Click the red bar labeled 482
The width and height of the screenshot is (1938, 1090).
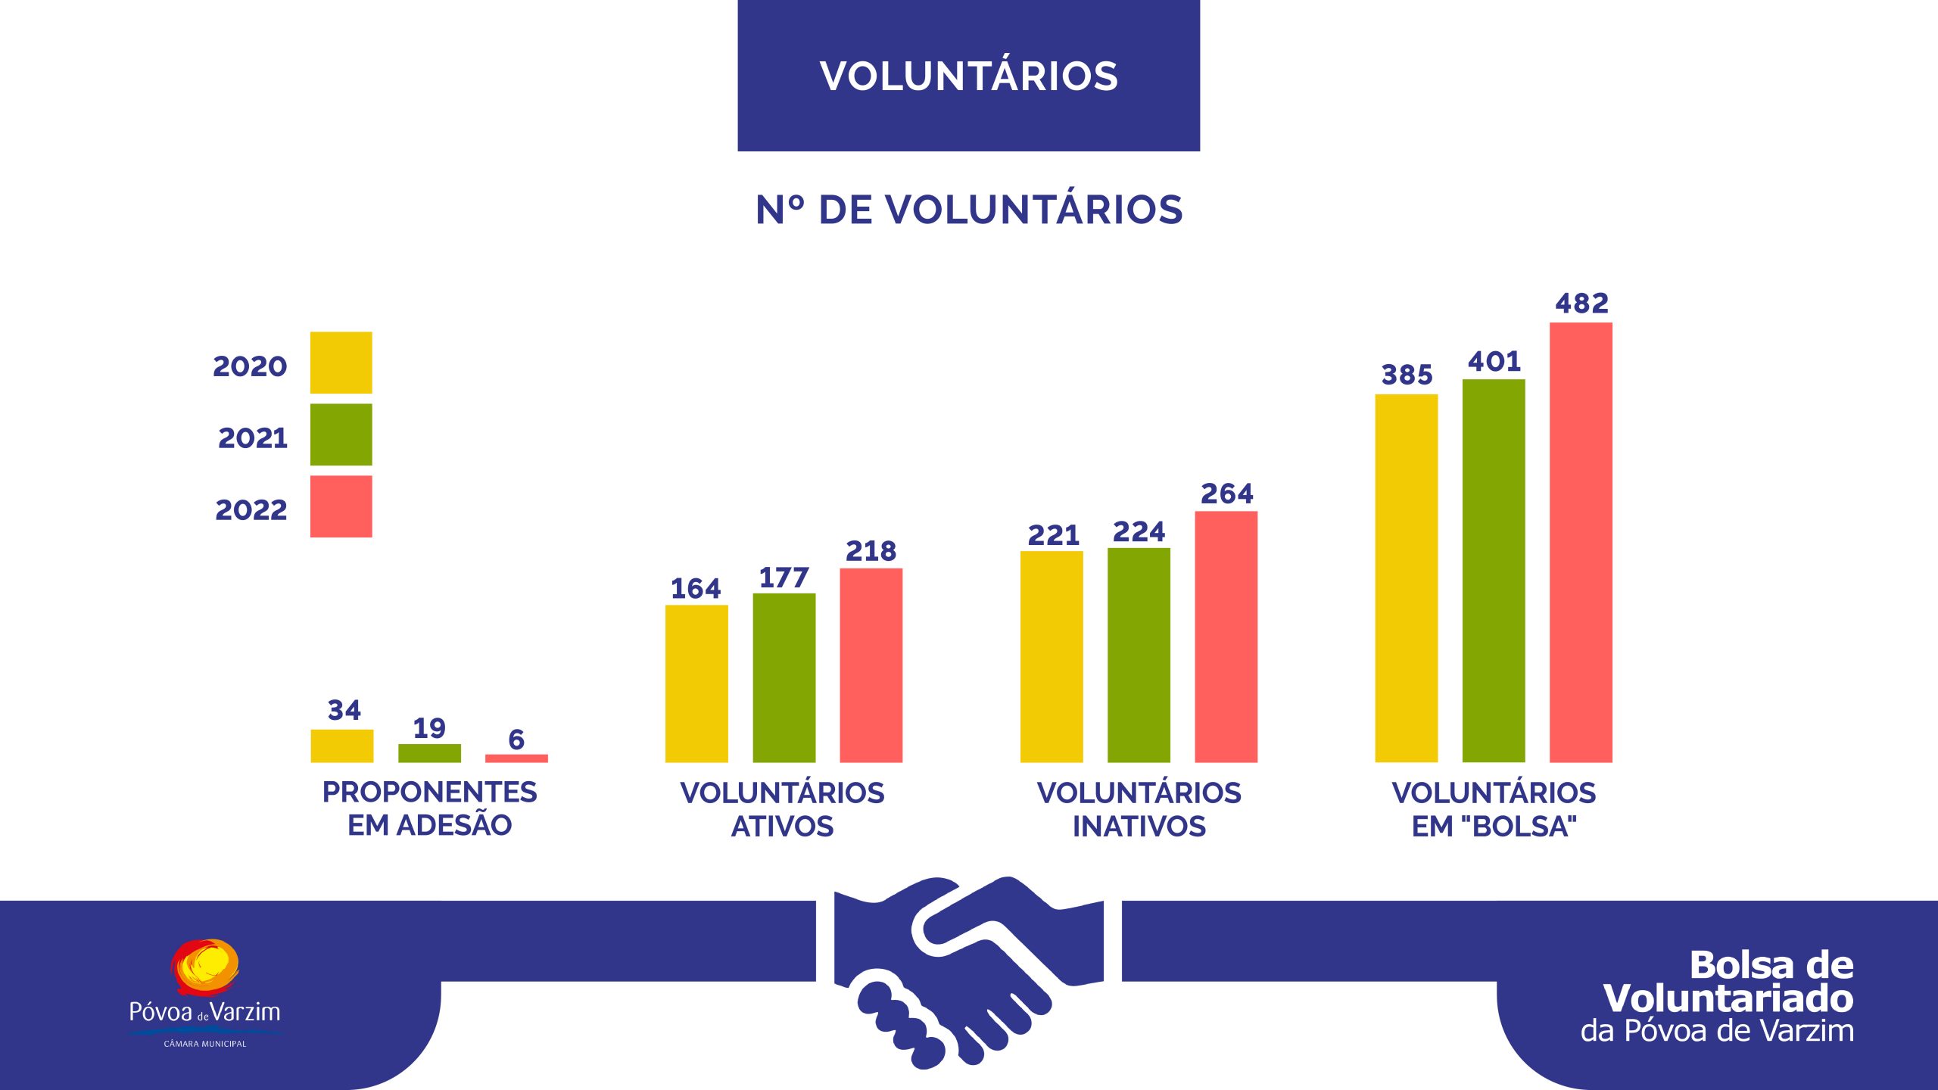click(1581, 542)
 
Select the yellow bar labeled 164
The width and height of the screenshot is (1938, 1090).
click(696, 684)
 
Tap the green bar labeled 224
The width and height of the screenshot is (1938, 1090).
click(1139, 655)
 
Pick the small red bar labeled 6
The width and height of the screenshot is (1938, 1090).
click(516, 758)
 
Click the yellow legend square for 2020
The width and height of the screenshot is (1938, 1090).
click(341, 363)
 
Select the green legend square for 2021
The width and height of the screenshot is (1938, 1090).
click(341, 434)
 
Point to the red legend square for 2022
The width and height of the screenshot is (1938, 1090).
click(341, 506)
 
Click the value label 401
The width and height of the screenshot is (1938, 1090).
click(1494, 361)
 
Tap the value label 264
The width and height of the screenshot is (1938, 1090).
click(1226, 494)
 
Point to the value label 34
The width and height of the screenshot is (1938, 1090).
click(344, 710)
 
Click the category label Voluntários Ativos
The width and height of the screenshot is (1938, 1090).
click(782, 809)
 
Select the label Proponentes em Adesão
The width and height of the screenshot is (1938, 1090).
click(429, 808)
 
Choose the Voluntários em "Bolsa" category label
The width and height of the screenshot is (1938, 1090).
click(1494, 809)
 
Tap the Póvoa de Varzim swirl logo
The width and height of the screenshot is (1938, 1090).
click(204, 966)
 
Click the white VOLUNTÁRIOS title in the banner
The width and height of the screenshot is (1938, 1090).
click(968, 76)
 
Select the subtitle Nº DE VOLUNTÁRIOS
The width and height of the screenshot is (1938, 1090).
click(968, 210)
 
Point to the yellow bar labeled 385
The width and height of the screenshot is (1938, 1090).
click(1406, 578)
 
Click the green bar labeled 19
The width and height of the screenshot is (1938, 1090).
click(429, 753)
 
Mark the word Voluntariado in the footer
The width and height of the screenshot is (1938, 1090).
click(1728, 998)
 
